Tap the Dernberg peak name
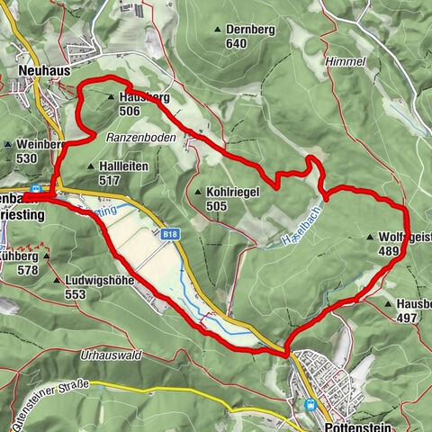[249, 30]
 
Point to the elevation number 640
[237, 43]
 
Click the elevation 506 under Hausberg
[129, 111]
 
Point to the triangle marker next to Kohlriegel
[198, 192]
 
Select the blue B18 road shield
[172, 234]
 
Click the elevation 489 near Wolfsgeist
[389, 251]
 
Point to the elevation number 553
[75, 294]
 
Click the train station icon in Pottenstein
[311, 405]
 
